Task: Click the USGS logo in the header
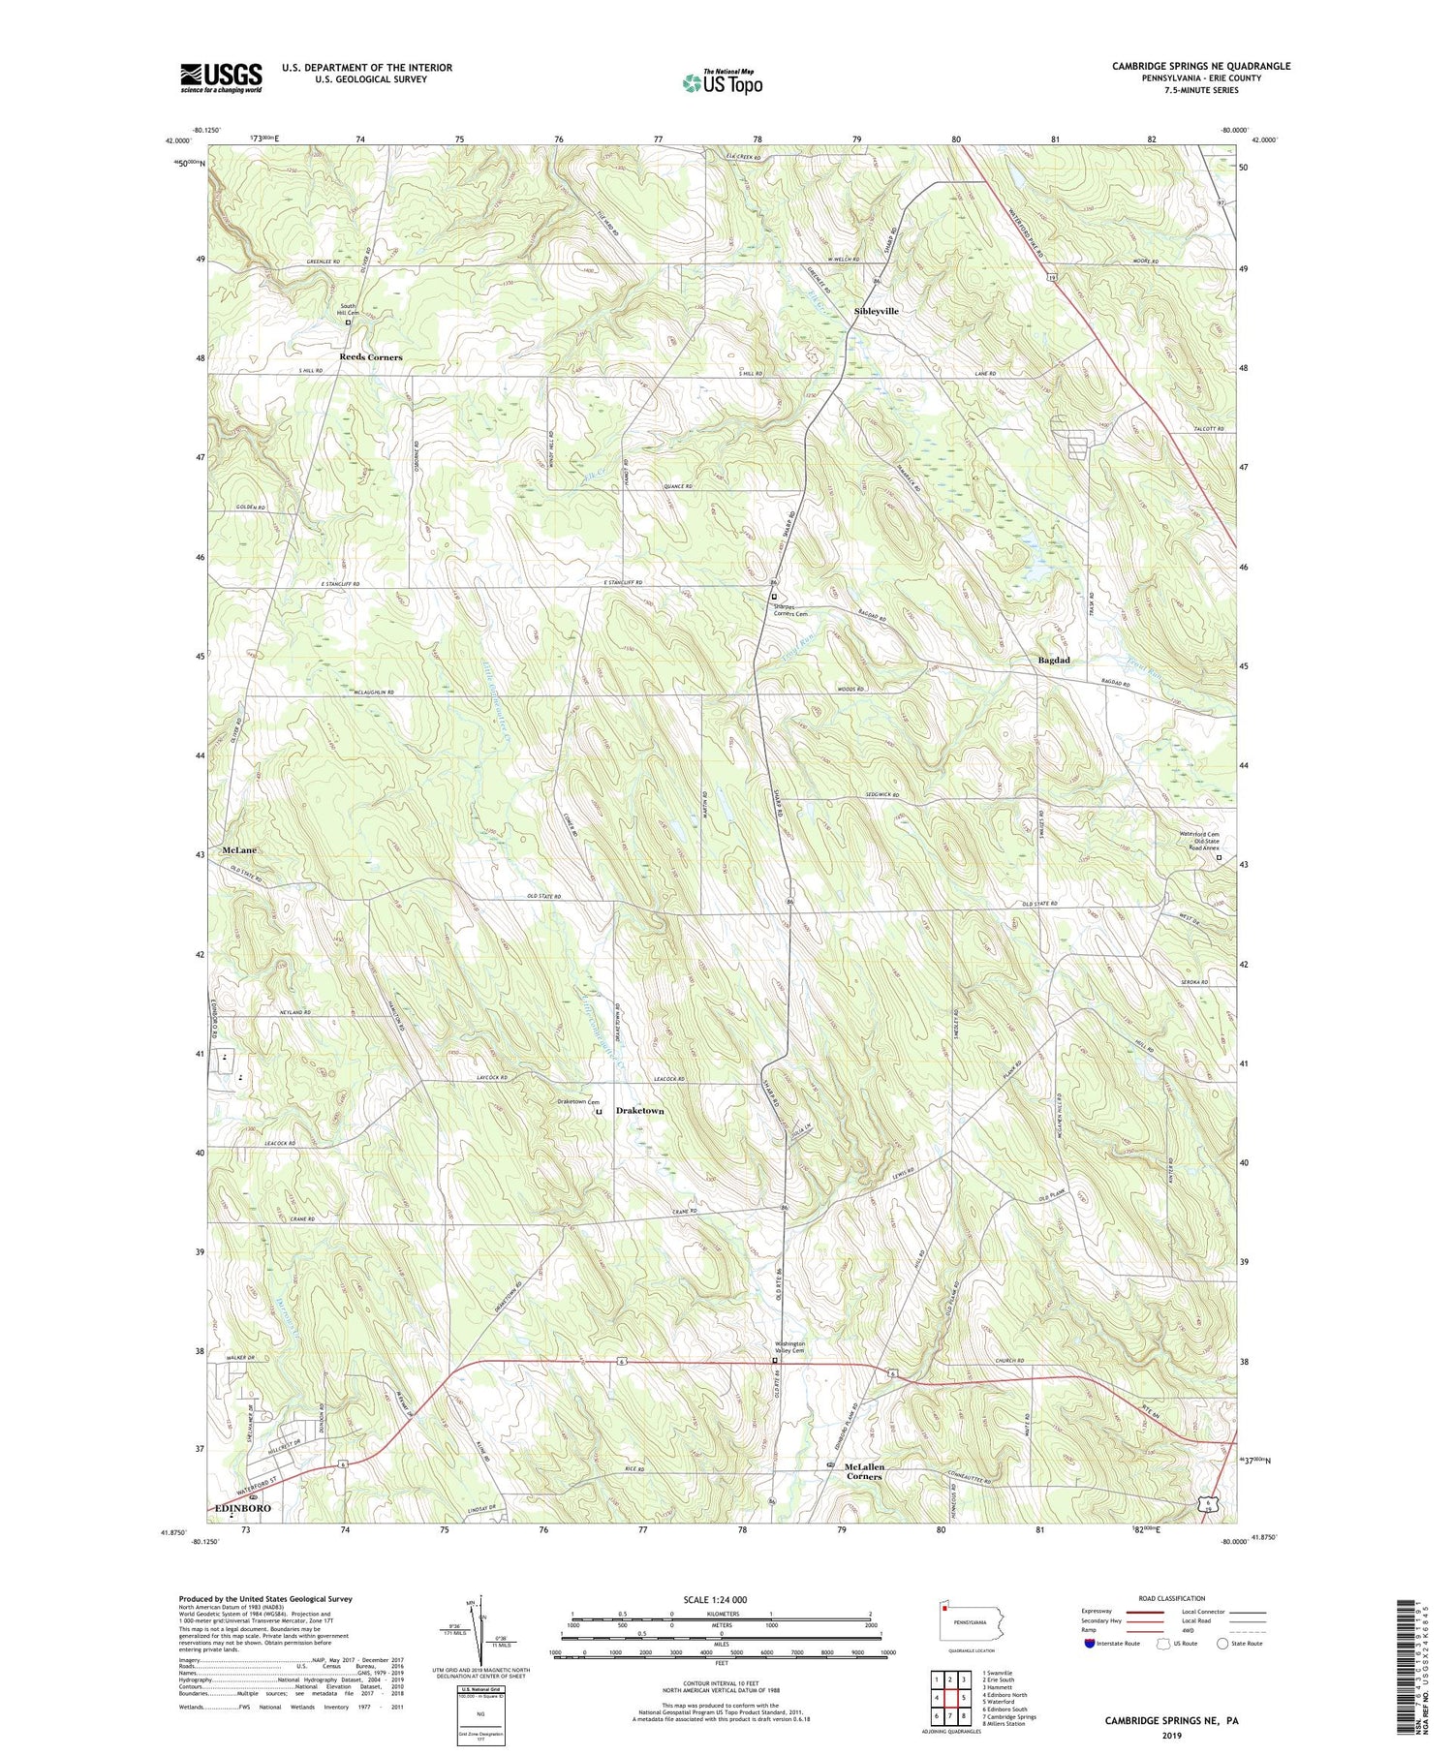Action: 221,77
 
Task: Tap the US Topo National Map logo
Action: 722,82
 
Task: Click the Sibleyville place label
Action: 876,311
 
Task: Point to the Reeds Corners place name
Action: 370,357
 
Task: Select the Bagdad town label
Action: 1054,660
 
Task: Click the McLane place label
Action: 239,849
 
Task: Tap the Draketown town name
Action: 640,1111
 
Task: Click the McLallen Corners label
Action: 864,1471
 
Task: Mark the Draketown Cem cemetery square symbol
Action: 599,1112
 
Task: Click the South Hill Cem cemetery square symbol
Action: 348,323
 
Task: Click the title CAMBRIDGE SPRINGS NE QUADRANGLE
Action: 1200,66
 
